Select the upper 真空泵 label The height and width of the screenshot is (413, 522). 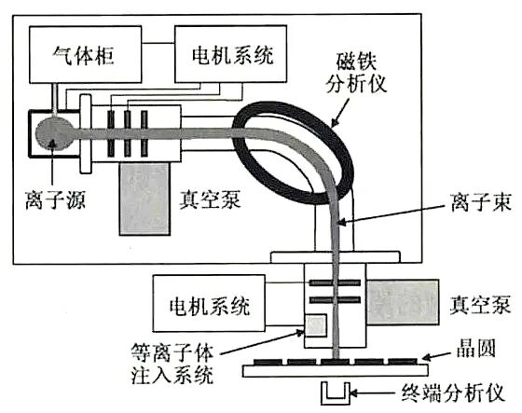209,198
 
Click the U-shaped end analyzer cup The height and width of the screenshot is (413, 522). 336,391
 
